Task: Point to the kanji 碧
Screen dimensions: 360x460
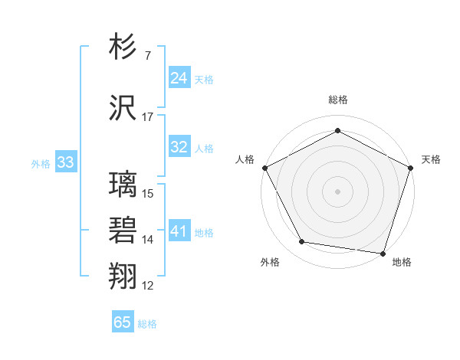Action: [x=123, y=231]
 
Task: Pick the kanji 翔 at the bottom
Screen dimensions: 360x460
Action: [x=123, y=276]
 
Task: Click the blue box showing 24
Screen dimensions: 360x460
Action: [x=179, y=77]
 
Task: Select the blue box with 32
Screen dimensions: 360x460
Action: [x=179, y=147]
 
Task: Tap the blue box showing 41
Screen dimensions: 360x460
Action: [x=179, y=231]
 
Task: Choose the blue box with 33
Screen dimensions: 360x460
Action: [x=65, y=162]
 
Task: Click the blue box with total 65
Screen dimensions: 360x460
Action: [x=123, y=322]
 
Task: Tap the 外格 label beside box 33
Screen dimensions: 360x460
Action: [x=41, y=163]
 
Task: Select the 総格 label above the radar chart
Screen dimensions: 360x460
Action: [x=337, y=100]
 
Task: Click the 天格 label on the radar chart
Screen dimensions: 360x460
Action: [x=431, y=159]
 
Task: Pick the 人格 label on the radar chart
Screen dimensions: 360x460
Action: [x=245, y=159]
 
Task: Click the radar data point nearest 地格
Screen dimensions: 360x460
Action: [x=383, y=253]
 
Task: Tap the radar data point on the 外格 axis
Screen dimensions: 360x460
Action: [x=302, y=242]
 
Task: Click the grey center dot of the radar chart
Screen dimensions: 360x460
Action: [x=337, y=191]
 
